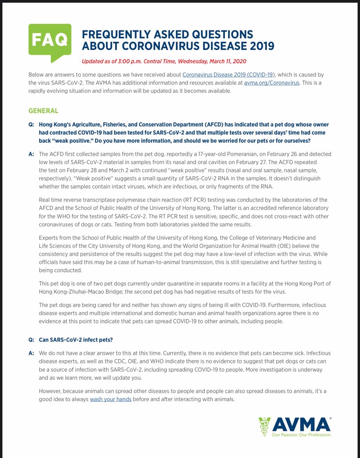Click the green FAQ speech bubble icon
pos(50,41)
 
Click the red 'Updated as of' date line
pos(164,61)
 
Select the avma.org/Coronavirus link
pos(271,83)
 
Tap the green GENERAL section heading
pos(43,110)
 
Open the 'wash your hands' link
pos(110,399)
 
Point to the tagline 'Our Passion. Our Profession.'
pos(302,434)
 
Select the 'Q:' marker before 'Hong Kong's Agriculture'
pos(31,124)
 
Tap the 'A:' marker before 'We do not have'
pos(31,353)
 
